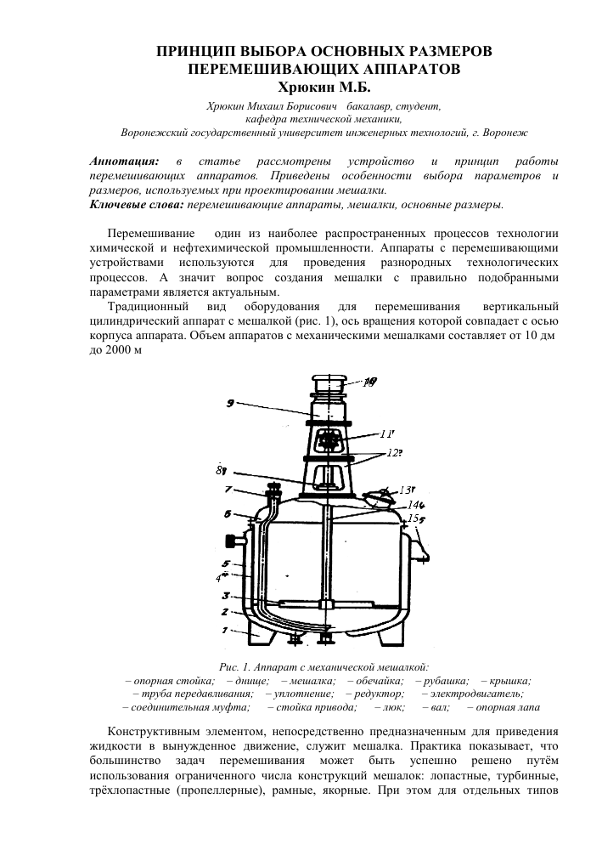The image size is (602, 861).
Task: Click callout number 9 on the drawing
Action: (230, 404)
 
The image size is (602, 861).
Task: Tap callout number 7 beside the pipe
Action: (228, 490)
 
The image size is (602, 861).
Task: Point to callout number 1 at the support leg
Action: (226, 630)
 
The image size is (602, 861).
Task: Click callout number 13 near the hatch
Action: (406, 489)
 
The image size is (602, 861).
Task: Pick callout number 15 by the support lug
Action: (414, 518)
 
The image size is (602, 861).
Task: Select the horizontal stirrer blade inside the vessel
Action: (324, 604)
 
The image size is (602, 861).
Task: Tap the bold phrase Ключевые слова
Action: (135, 205)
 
